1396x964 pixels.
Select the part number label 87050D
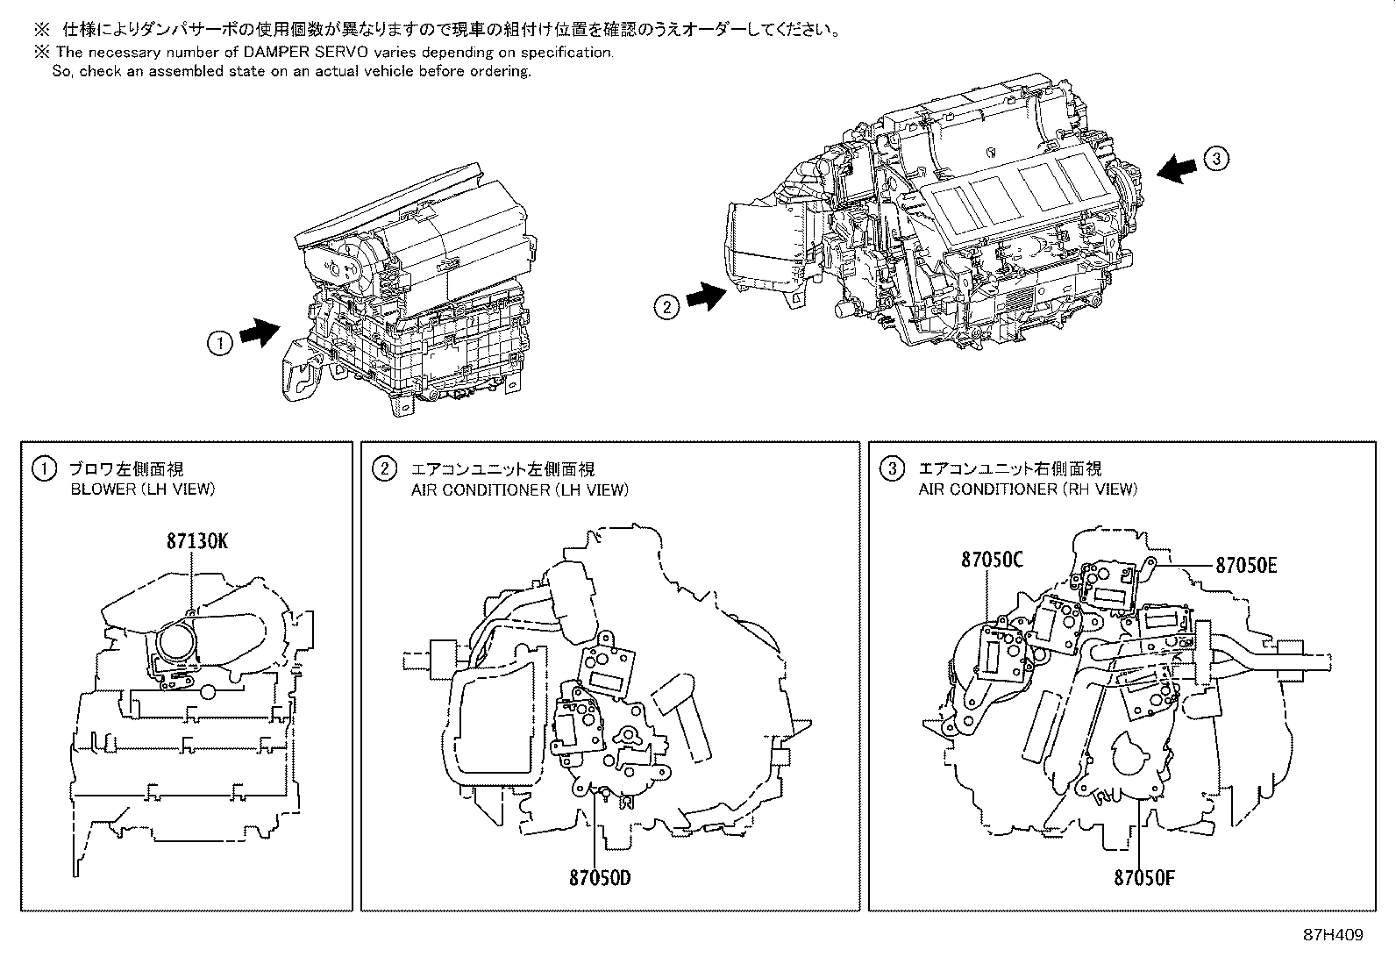(599, 876)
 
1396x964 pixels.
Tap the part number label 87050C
(992, 559)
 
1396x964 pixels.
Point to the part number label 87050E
(1245, 565)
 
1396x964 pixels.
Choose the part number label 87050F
(1143, 876)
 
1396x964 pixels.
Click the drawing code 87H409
(1332, 936)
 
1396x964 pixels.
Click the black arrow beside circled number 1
(259, 333)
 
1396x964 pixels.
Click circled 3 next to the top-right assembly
(1216, 159)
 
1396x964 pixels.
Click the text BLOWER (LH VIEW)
(142, 489)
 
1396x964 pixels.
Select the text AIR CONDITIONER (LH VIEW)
(519, 489)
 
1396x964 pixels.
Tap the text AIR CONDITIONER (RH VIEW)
(1028, 489)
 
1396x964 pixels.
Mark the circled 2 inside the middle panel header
(384, 469)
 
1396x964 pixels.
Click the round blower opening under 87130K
(181, 646)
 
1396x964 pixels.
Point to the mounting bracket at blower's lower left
(298, 373)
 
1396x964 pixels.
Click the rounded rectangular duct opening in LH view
(494, 721)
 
